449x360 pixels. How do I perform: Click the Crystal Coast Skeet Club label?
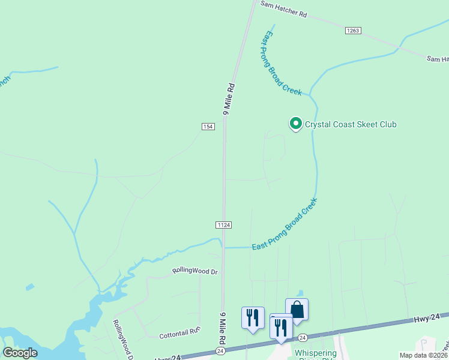(351, 124)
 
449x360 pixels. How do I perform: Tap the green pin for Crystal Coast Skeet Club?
(295, 124)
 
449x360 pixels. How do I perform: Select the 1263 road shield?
(352, 31)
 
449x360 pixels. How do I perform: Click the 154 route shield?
(208, 126)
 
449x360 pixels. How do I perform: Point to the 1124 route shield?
(223, 224)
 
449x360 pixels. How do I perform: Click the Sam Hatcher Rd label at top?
(283, 8)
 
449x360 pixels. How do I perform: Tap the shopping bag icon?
(297, 310)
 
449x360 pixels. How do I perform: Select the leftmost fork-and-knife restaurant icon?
(253, 317)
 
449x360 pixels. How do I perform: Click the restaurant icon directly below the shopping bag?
(281, 326)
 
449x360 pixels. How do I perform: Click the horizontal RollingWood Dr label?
(194, 271)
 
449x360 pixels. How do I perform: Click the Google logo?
(20, 353)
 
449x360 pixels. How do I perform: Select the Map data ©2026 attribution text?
(424, 355)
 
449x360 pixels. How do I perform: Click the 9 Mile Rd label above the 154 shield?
(228, 99)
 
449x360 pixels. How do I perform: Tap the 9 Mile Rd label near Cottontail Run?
(222, 328)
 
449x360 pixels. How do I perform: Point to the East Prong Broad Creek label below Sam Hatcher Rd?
(281, 63)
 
